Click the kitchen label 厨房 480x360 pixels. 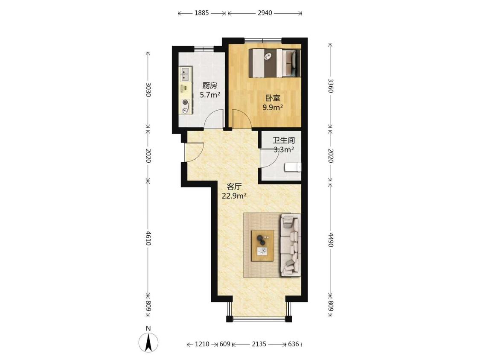(209, 85)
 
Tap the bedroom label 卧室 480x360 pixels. (273, 98)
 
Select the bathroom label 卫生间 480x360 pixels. (284, 140)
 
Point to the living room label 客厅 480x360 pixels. (235, 187)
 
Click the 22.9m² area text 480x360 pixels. (235, 196)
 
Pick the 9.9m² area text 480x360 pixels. (273, 107)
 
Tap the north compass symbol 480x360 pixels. (148, 342)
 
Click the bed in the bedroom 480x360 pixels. (275, 63)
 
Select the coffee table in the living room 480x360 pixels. (263, 246)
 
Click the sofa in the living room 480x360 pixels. (290, 245)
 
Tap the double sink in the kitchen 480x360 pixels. (185, 74)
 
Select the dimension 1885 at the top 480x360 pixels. (202, 13)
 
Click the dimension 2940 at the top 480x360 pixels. (265, 13)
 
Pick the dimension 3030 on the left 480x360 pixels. (148, 89)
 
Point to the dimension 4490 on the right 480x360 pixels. (331, 240)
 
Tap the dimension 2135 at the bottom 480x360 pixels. (259, 344)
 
